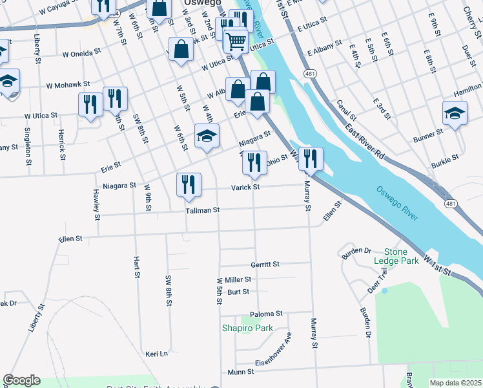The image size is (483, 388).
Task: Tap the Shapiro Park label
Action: pyautogui.click(x=247, y=328)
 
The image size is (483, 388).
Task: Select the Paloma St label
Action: pyautogui.click(x=267, y=314)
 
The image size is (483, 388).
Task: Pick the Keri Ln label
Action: pyautogui.click(x=156, y=354)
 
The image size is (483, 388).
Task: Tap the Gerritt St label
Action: pyautogui.click(x=265, y=264)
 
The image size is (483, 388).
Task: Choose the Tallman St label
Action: pyautogui.click(x=203, y=210)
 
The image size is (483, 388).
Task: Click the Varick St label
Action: pyautogui.click(x=246, y=188)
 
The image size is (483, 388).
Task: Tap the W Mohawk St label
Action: pyautogui.click(x=68, y=85)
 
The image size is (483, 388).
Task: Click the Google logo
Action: pyautogui.click(x=21, y=380)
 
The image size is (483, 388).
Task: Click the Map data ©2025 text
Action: pyautogui.click(x=456, y=383)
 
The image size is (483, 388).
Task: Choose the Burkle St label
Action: pyautogui.click(x=445, y=157)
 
